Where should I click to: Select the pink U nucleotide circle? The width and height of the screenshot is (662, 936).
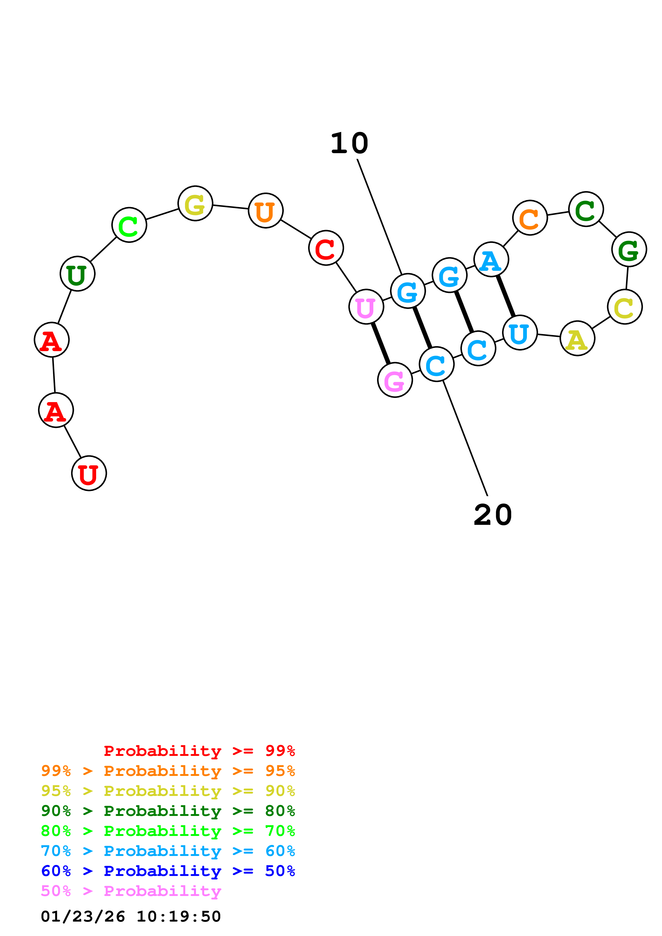(x=366, y=307)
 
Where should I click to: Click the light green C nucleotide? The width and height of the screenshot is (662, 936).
(x=129, y=225)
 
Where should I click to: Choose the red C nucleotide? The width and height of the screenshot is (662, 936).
(x=326, y=248)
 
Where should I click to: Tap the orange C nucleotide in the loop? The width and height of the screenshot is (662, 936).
(x=530, y=218)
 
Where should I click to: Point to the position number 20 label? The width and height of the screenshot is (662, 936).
(x=493, y=515)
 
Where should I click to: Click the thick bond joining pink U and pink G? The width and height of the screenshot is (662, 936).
(x=381, y=343)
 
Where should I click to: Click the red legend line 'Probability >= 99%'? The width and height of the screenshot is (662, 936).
(x=199, y=751)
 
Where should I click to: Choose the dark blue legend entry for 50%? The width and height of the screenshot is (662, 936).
(x=168, y=871)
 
